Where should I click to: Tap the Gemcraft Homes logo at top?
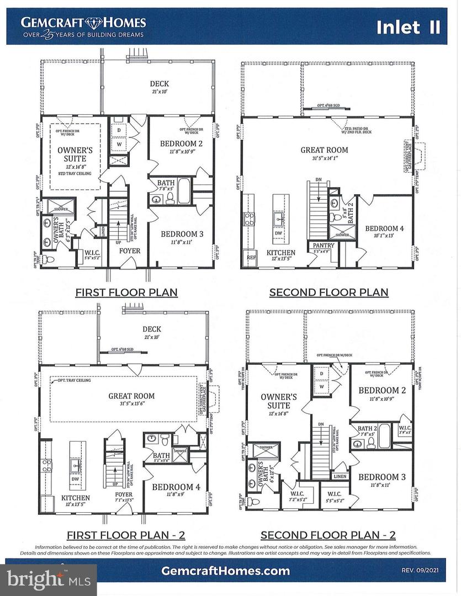pyautogui.click(x=83, y=26)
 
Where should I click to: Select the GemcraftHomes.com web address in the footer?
pyautogui.click(x=225, y=571)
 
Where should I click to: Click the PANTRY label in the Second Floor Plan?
pyautogui.click(x=320, y=245)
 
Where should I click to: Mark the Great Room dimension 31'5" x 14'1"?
pyautogui.click(x=324, y=158)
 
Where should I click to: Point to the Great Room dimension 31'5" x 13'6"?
pyautogui.click(x=131, y=404)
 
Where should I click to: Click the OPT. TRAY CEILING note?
pyautogui.click(x=72, y=380)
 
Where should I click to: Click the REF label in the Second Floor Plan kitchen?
pyautogui.click(x=251, y=257)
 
